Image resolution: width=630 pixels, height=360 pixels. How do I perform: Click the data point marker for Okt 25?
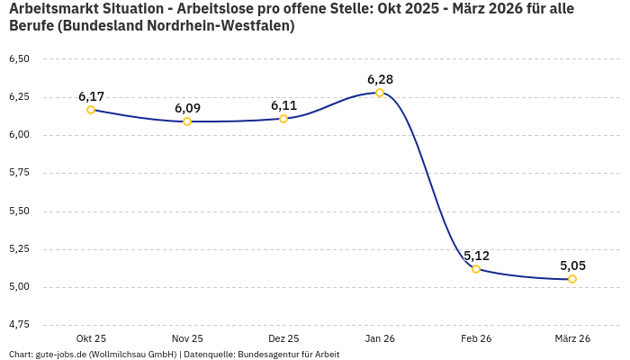pyautogui.click(x=91, y=110)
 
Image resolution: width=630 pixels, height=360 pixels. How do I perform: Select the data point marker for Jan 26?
pyautogui.click(x=380, y=93)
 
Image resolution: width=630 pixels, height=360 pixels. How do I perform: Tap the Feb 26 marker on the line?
pyautogui.click(x=476, y=269)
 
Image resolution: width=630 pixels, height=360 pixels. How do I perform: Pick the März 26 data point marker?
pyautogui.click(x=572, y=279)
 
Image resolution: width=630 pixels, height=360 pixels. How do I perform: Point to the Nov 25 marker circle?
pyautogui.click(x=187, y=121)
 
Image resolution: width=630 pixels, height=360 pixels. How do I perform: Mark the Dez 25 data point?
pyautogui.click(x=283, y=119)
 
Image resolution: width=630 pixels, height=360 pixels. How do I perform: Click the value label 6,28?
pyautogui.click(x=380, y=79)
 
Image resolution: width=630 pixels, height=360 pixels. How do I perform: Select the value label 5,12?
pyautogui.click(x=476, y=256)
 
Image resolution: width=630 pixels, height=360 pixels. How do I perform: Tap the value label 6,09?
pyautogui.click(x=187, y=108)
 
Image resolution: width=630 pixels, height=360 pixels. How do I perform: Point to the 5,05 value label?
pyautogui.click(x=572, y=265)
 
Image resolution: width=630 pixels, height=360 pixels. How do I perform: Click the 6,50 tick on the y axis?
pyautogui.click(x=19, y=59)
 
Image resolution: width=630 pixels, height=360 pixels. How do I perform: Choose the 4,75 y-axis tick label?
pyautogui.click(x=19, y=324)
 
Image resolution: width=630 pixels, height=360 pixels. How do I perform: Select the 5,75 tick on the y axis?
pyautogui.click(x=19, y=173)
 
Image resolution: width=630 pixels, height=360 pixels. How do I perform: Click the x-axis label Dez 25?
pyautogui.click(x=283, y=338)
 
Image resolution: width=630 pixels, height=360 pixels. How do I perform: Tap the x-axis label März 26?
pyautogui.click(x=572, y=338)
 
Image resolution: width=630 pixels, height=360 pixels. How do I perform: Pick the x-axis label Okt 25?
pyautogui.click(x=91, y=338)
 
